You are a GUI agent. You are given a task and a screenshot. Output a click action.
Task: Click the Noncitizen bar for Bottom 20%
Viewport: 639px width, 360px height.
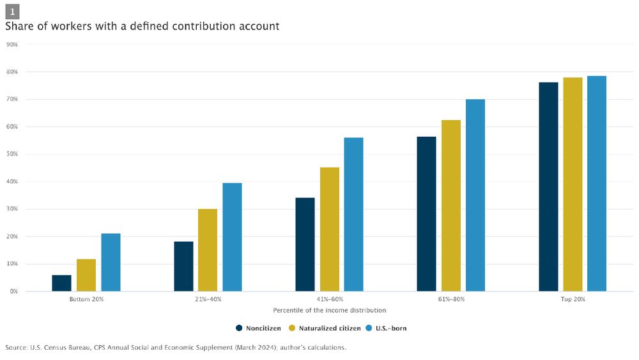click(62, 283)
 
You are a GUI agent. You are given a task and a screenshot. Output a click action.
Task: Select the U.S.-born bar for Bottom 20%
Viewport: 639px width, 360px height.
click(111, 263)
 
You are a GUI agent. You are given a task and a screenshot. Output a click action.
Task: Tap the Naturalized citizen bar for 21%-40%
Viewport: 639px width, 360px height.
click(208, 250)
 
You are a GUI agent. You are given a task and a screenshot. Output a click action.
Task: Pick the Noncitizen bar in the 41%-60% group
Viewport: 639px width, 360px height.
click(305, 244)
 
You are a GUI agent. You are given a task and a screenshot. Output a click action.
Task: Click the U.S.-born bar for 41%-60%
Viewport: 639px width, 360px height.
click(353, 214)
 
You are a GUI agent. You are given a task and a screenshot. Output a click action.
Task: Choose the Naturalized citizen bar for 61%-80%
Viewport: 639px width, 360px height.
click(451, 205)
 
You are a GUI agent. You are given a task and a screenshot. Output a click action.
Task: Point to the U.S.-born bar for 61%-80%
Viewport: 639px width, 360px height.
click(475, 195)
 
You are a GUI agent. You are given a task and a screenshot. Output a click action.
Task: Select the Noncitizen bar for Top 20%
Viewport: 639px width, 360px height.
click(548, 187)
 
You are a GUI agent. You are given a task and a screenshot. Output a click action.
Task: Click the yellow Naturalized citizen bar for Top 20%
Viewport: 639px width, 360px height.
click(573, 184)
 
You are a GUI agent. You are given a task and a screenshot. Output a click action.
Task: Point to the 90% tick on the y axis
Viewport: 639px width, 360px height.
click(12, 45)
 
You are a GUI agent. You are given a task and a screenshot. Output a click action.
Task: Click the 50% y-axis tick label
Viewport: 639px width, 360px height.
click(12, 154)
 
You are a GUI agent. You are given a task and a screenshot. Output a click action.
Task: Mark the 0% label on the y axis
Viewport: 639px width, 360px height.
click(13, 292)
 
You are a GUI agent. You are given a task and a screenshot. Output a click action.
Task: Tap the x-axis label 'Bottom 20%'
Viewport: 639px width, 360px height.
click(86, 299)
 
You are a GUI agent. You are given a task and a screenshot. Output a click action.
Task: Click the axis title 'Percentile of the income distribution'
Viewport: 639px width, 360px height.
click(329, 310)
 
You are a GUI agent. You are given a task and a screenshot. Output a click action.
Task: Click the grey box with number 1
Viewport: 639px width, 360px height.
click(12, 12)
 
